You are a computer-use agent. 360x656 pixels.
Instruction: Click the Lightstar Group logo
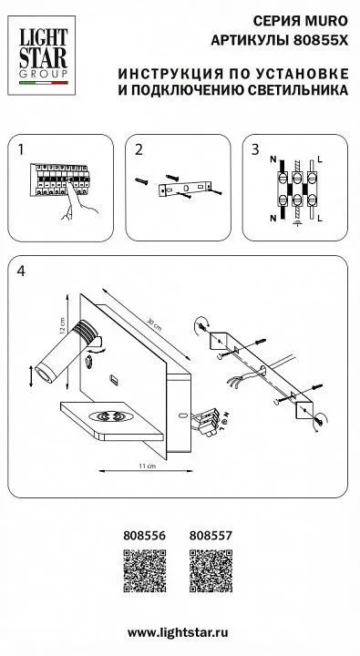(42, 56)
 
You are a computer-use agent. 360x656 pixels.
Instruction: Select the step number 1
(21, 149)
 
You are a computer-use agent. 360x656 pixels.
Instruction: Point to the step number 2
(139, 149)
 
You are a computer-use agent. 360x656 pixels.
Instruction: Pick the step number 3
(255, 149)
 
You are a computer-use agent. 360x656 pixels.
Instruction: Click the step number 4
(21, 271)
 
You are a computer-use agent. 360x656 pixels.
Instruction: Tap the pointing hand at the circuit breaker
(78, 200)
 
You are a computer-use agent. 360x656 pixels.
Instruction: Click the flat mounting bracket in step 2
(186, 189)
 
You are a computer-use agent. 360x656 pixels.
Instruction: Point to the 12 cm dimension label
(62, 324)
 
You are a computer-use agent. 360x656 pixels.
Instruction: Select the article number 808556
(144, 535)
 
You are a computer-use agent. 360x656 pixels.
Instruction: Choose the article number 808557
(211, 535)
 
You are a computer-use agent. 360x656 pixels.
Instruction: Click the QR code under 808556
(144, 570)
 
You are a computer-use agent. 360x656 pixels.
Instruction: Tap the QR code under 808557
(211, 570)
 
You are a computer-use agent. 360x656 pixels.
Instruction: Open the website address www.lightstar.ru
(178, 632)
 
